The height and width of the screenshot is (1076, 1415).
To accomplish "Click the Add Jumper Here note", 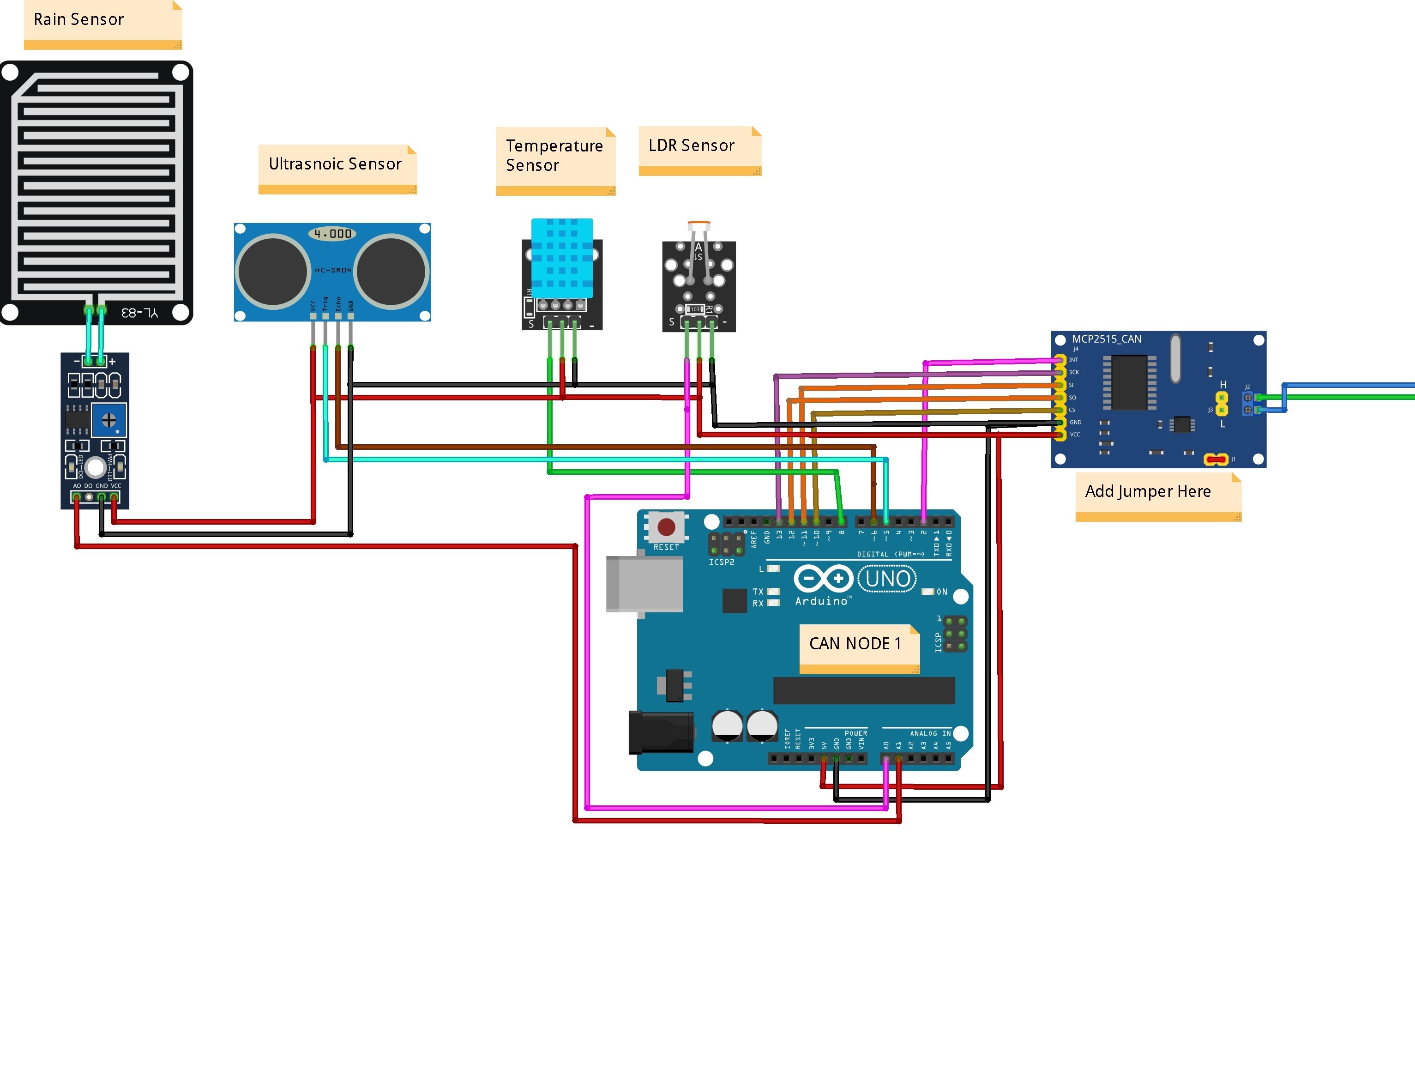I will click(x=1157, y=495).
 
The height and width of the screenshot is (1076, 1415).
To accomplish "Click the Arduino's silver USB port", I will click(x=644, y=583).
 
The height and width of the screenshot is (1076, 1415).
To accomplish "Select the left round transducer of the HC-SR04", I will click(x=273, y=271).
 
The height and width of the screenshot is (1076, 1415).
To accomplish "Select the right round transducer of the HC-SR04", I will click(x=391, y=271).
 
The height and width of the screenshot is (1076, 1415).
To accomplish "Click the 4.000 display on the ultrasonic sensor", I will click(x=332, y=234).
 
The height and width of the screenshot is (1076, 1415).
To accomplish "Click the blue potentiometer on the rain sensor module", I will click(x=109, y=420).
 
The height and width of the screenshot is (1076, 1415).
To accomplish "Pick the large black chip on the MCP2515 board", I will click(x=1128, y=382).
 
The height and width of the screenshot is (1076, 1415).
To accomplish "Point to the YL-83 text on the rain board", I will click(x=139, y=313).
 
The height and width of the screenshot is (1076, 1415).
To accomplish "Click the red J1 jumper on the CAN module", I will click(x=1215, y=459).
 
